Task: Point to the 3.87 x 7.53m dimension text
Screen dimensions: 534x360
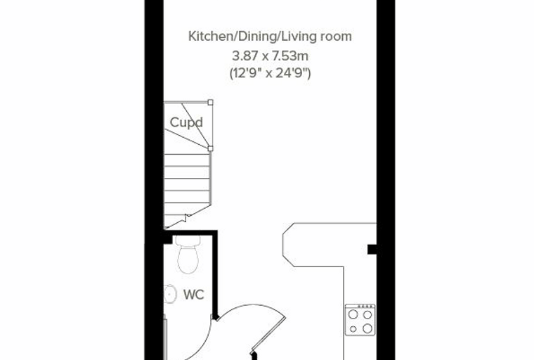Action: point(270,56)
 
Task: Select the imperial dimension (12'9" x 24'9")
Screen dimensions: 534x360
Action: point(270,73)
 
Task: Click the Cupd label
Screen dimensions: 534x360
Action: point(186,122)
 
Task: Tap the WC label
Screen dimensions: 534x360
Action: point(194,295)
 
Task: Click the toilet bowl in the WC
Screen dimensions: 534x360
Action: point(188,259)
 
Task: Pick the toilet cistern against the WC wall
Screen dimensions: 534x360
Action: point(188,240)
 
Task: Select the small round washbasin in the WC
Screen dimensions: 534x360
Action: point(170,294)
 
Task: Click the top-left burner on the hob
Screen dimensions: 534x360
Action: point(353,314)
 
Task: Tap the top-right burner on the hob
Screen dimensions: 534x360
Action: point(367,315)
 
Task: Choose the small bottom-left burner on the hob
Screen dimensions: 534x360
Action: point(353,329)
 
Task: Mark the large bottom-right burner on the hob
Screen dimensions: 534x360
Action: point(367,328)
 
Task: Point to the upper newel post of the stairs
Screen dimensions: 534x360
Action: point(211,102)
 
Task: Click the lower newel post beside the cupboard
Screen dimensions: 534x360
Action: point(211,148)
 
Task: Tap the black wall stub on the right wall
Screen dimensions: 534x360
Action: point(372,250)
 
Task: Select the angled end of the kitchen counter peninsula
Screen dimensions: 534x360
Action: point(288,245)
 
